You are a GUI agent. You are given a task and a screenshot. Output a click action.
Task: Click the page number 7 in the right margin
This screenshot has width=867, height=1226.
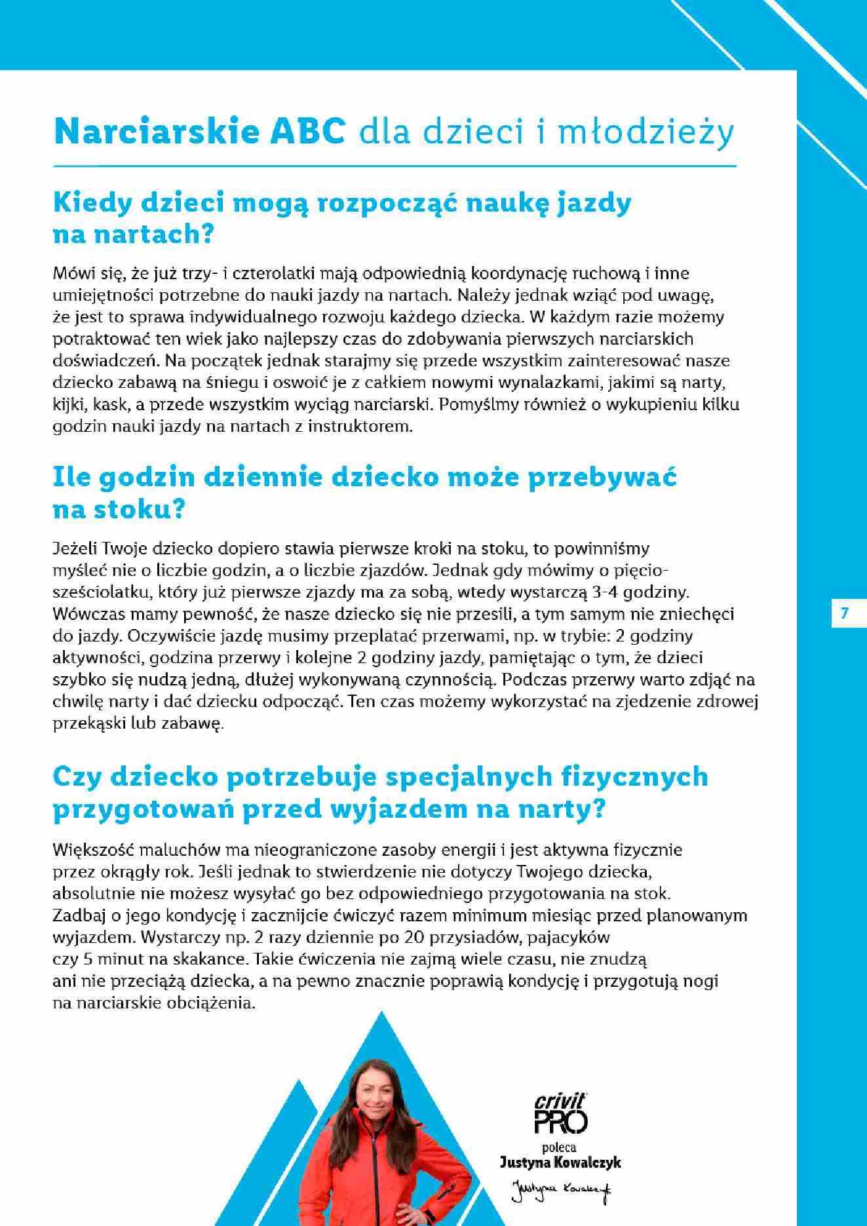(844, 613)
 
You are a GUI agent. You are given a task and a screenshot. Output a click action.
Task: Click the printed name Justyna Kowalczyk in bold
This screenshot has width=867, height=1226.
(560, 1162)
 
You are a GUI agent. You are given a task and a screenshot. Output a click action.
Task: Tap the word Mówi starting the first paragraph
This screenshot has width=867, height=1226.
(72, 273)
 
